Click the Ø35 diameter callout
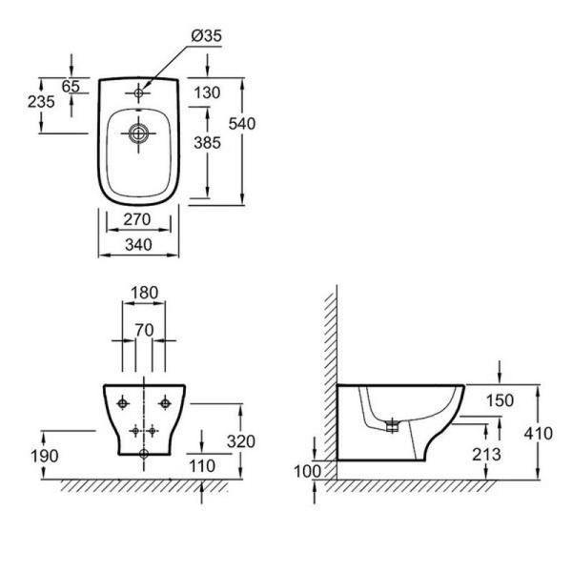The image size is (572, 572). click(205, 36)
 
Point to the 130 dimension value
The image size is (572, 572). click(207, 92)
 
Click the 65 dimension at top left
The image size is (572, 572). click(71, 86)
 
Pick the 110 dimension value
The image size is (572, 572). click(225, 466)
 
